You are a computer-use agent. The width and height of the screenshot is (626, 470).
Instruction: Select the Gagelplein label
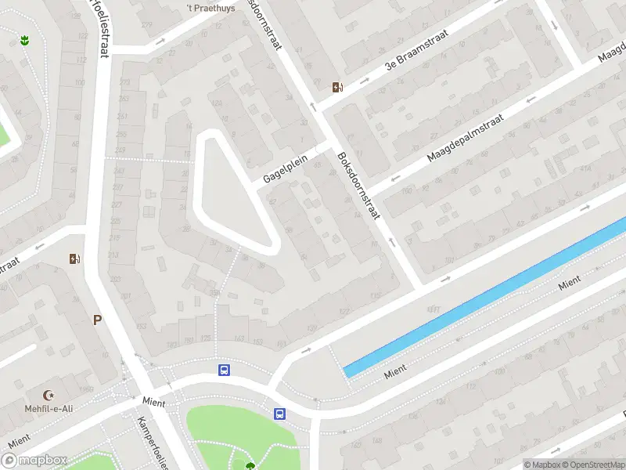point(286,168)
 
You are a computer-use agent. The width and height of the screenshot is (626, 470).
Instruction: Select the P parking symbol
point(97,320)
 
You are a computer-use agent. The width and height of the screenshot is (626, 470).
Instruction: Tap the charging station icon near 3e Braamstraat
point(337,87)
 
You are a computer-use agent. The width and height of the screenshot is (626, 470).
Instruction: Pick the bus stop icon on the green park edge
point(279,414)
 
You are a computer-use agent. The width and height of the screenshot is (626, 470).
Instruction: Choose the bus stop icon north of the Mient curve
point(224,370)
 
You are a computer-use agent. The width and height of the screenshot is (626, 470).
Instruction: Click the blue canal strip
point(485,298)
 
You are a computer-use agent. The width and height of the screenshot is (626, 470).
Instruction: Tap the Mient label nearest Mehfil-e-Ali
point(153,401)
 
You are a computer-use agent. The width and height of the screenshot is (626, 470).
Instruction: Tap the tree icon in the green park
point(250,466)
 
